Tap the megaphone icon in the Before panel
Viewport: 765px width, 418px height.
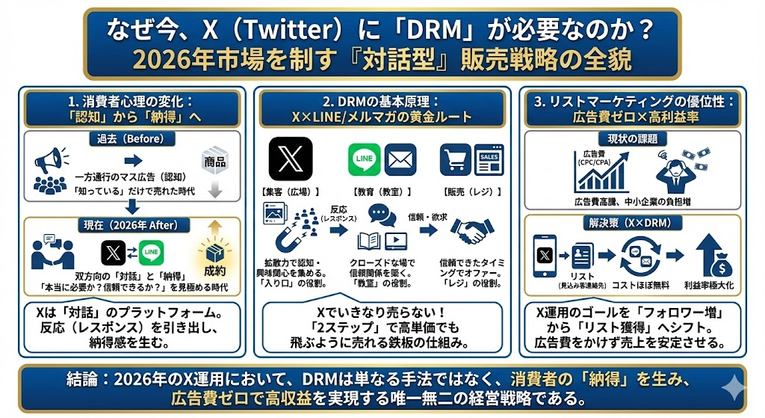click(47, 159)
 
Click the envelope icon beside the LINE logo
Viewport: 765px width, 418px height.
click(400, 160)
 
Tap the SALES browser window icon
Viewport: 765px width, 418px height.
click(489, 159)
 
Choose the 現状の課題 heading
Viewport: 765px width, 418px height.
click(632, 139)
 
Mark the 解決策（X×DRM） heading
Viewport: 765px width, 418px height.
click(632, 223)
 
